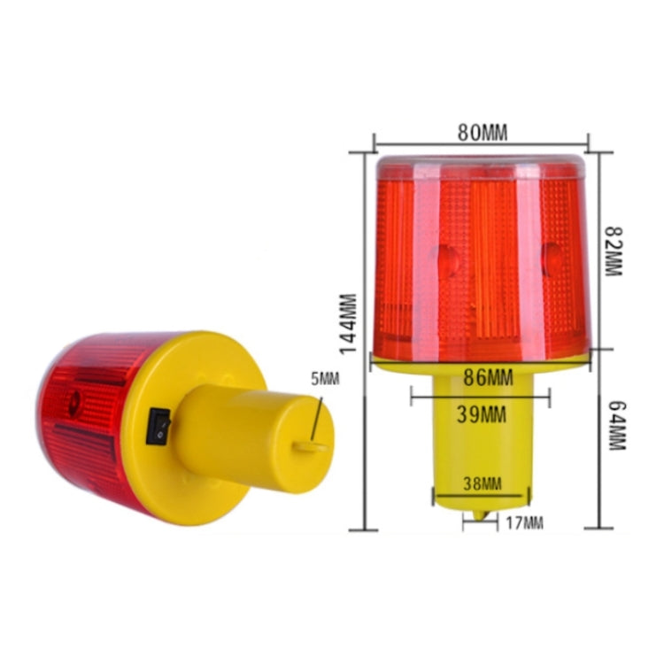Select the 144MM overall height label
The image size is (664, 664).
click(x=349, y=324)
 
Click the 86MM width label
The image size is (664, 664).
click(x=488, y=378)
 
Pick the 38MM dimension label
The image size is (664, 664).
click(x=482, y=483)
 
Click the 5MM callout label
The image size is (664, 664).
click(x=326, y=380)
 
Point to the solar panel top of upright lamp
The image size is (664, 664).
click(x=482, y=166)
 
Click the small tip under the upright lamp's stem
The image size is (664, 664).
click(x=481, y=513)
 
